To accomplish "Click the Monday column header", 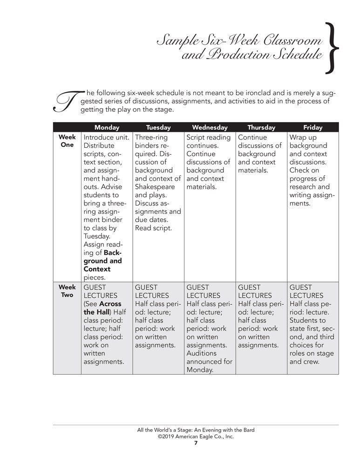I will pos(107,127).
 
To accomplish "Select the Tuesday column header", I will pos(158,127).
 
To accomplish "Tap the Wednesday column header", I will pos(210,127).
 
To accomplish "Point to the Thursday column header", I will pos(261,127).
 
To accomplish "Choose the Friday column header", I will pos(312,127).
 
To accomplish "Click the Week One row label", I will pos(67,141).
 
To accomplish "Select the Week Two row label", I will pos(67,291).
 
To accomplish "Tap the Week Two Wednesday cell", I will pos(210,329).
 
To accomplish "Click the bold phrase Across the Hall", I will pos(102,308).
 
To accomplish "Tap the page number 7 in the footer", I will pos(196,443).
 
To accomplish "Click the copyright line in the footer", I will pos(196,437).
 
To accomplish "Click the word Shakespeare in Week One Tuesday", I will pos(156,187).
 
